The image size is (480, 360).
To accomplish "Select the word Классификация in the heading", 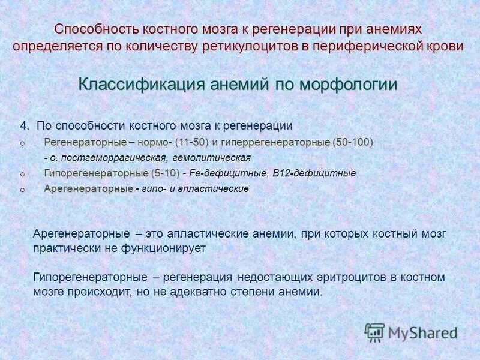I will pos(142,85).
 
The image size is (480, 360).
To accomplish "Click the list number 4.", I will pos(24,126).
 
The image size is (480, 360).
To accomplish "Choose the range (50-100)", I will pos(352,142).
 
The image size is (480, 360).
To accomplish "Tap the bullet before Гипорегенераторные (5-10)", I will pos(22,174).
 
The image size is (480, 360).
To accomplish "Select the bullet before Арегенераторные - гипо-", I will pos(22,190).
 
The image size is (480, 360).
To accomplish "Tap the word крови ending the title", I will pos(447,47).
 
